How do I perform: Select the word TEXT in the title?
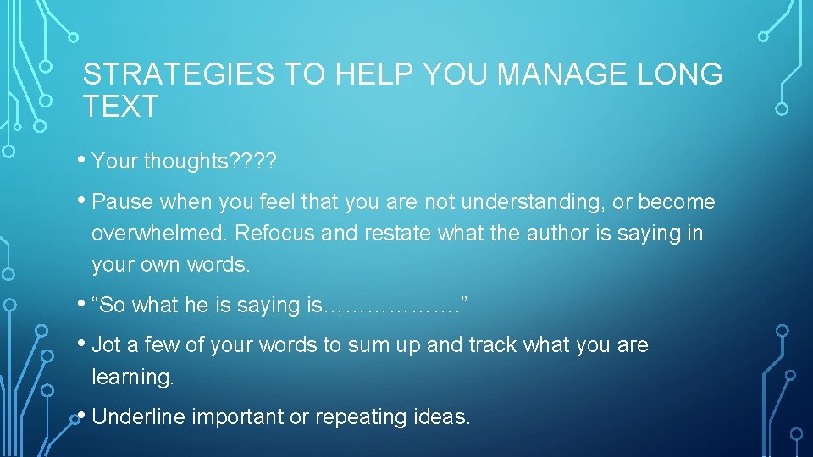(x=120, y=107)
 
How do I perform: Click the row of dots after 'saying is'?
(x=390, y=306)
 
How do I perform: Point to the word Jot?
(x=106, y=345)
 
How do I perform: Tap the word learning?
(x=132, y=377)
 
